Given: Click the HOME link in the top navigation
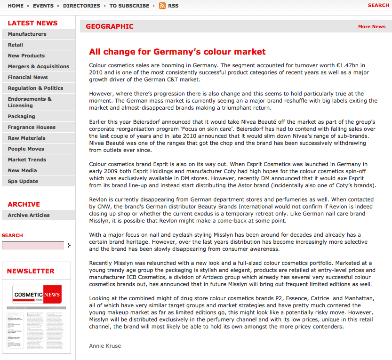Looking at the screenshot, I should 16,6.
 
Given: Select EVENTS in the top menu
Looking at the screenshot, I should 43,6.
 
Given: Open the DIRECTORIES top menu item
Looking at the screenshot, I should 81,6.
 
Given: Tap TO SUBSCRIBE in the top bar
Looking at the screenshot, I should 129,6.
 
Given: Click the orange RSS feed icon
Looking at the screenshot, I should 162,6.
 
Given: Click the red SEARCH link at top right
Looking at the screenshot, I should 378,5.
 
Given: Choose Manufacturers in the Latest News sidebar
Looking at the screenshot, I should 27,34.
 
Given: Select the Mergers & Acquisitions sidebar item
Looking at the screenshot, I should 38,66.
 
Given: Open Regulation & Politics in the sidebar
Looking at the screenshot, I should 35,88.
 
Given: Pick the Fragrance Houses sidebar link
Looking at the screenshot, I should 32,127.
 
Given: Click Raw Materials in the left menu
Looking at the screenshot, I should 26,138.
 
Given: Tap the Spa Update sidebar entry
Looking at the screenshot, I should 23,181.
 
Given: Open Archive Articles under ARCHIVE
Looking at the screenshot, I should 28,215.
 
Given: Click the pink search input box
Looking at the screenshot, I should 33,246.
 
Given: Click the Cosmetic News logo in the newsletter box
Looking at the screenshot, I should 37,294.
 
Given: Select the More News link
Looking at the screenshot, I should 371,26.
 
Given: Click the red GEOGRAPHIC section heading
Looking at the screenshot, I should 110,26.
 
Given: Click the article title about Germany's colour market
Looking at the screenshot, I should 177,52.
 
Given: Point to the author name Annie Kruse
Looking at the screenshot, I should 105,346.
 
